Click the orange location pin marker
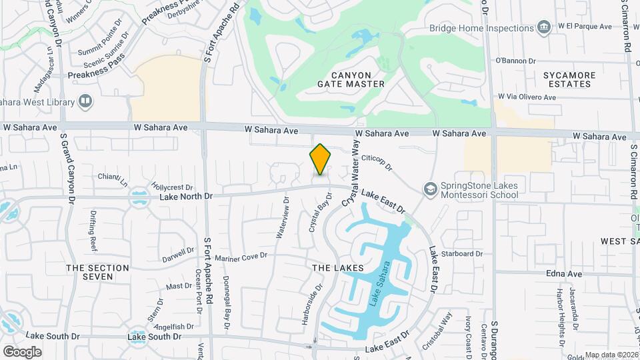pos(321,159)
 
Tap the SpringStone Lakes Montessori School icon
pos(430,189)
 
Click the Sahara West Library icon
pos(85,101)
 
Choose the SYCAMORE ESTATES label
pos(569,79)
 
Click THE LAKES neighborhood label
pos(338,268)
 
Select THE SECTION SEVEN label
pos(97,272)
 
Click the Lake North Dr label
pos(185,197)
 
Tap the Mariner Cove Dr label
pos(241,255)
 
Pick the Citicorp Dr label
pos(377,162)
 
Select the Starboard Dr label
pos(461,254)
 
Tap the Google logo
pos(22,351)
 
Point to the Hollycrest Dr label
pos(172,188)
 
